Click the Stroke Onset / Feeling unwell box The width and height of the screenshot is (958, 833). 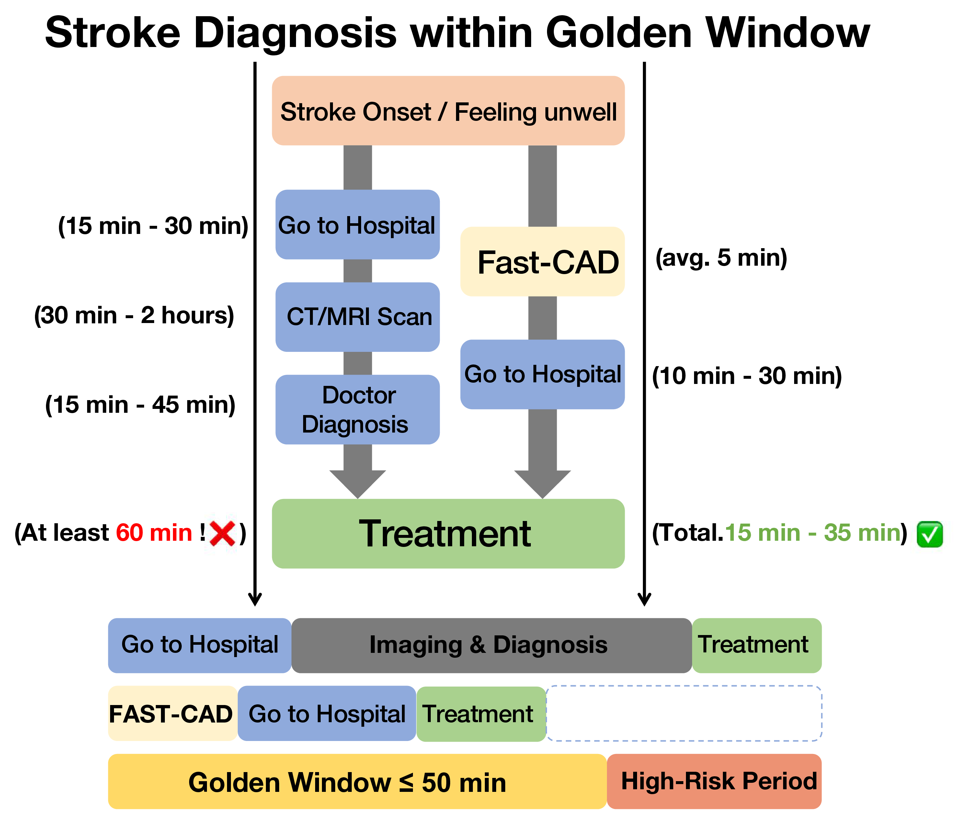[448, 110]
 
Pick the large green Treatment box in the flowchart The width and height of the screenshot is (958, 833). [448, 533]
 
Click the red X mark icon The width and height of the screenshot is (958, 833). [222, 533]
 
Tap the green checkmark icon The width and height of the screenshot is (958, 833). [929, 534]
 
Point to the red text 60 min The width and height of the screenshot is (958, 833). [154, 533]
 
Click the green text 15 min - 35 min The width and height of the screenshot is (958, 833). [813, 533]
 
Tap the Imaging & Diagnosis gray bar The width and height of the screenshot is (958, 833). [492, 645]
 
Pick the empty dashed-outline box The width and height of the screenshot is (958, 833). [684, 713]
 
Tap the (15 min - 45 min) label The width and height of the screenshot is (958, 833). [140, 404]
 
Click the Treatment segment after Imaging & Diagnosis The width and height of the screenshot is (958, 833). [756, 645]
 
